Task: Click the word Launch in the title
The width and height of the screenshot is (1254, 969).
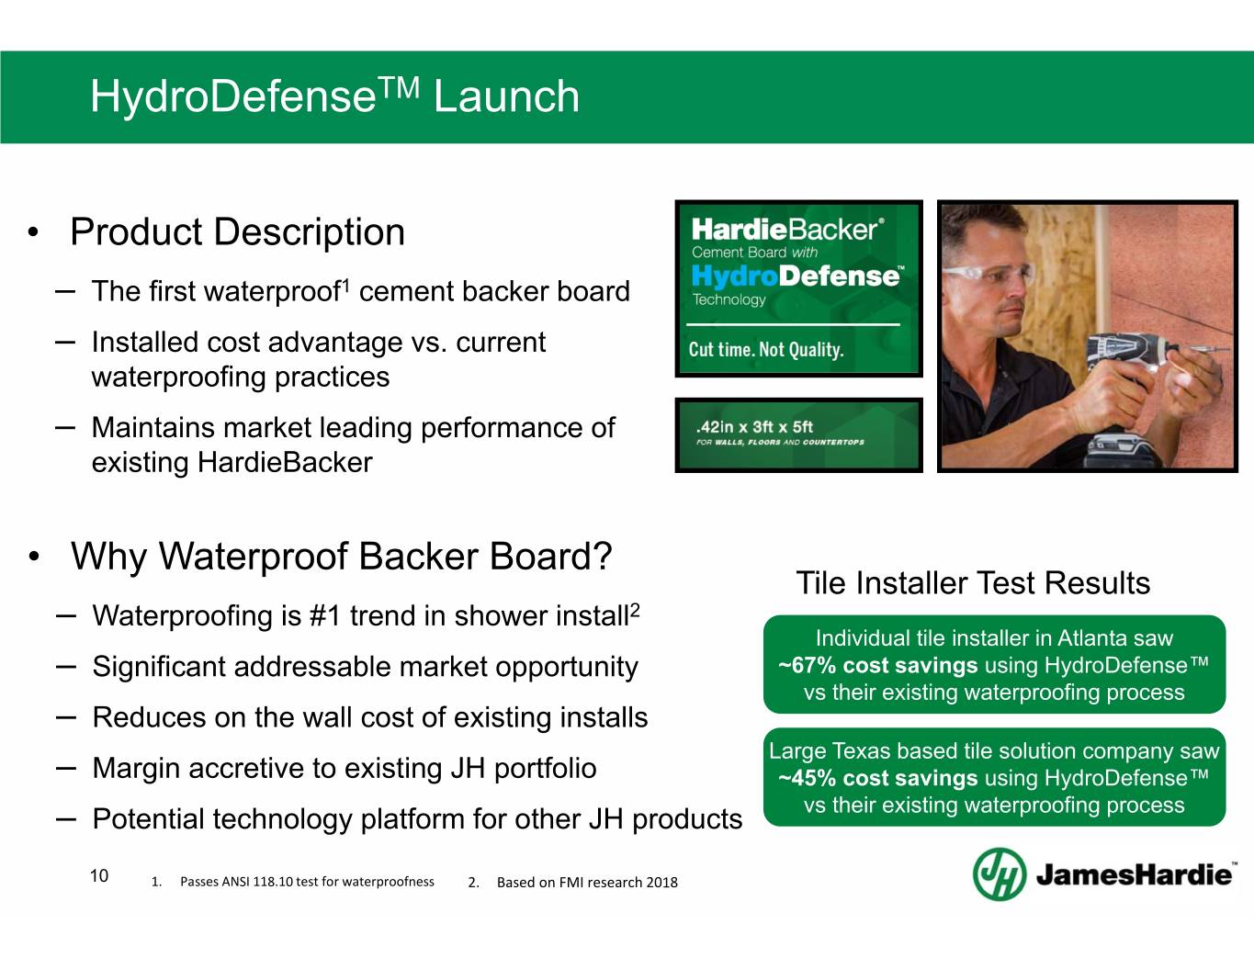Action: click(x=506, y=96)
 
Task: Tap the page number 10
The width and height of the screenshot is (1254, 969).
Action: click(x=99, y=875)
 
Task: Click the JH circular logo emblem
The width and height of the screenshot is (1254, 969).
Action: click(x=1000, y=873)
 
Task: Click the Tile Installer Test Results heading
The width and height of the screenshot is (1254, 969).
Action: click(x=973, y=582)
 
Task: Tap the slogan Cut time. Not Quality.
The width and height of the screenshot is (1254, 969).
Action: click(x=766, y=350)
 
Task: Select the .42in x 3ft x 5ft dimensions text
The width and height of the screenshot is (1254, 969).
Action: click(x=754, y=427)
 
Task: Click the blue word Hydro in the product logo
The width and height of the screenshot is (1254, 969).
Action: click(x=735, y=276)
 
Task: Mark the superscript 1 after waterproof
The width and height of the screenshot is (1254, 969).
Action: click(x=345, y=285)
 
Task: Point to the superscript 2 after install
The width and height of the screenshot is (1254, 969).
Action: click(x=634, y=610)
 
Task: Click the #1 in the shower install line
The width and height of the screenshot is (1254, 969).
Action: click(x=325, y=615)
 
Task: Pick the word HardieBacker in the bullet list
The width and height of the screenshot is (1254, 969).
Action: click(x=285, y=463)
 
